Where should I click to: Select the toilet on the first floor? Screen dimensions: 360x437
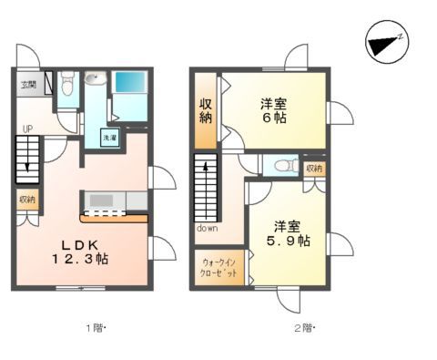[x=66, y=87]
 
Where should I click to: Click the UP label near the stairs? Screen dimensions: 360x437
[x=29, y=130]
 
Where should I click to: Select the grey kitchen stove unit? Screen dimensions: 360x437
[x=101, y=200]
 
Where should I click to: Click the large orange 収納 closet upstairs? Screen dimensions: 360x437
[x=206, y=110]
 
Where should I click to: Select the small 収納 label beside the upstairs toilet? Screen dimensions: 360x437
[x=314, y=168]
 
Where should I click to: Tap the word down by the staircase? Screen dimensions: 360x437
[x=207, y=229]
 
